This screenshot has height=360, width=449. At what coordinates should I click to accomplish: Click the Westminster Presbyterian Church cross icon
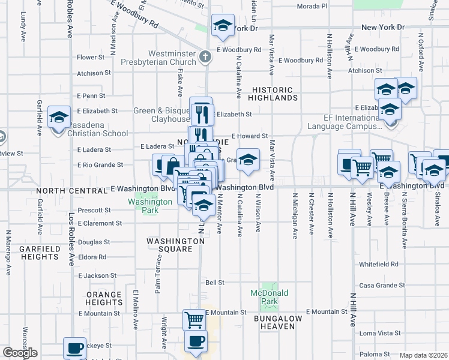tap(205, 58)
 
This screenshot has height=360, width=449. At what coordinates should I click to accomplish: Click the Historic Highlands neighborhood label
tap(272, 94)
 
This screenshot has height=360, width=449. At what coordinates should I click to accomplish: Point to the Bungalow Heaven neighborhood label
tap(274, 322)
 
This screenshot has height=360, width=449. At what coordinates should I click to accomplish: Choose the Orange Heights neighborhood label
tap(104, 298)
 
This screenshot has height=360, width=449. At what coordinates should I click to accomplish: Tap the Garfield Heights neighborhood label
tap(38, 253)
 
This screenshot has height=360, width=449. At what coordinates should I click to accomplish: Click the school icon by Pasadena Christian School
tap(59, 118)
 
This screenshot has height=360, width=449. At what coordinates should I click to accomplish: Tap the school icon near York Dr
tap(223, 26)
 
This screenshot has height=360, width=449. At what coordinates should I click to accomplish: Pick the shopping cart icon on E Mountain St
tap(194, 319)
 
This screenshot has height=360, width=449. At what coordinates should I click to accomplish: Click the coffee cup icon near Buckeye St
tap(75, 347)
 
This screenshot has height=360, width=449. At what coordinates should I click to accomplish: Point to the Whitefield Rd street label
tap(379, 264)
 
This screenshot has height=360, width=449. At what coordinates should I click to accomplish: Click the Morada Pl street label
tap(312, 6)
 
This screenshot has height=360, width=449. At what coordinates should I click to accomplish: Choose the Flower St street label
tap(91, 58)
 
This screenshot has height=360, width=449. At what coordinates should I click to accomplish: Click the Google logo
tap(20, 353)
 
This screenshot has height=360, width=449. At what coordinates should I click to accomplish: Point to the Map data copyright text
tap(423, 355)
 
